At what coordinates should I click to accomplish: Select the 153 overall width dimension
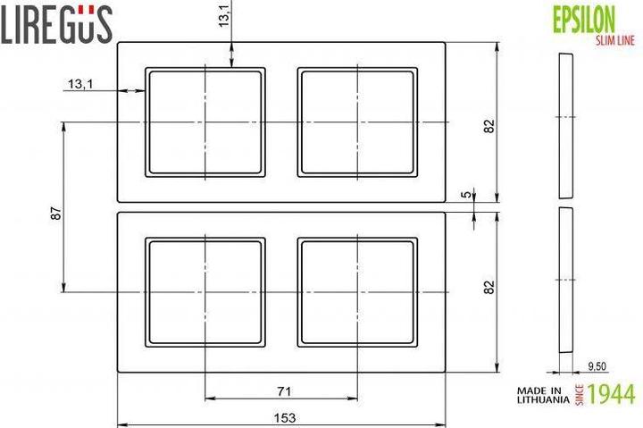283,417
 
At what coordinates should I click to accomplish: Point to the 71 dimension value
283,390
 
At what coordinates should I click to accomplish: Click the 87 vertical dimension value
55,215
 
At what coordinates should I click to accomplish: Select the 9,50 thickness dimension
597,365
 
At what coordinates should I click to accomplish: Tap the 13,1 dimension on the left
79,84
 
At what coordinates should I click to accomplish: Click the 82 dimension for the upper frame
489,126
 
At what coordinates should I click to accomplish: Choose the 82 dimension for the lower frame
489,288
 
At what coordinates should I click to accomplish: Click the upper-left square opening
206,122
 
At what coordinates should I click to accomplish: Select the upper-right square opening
358,122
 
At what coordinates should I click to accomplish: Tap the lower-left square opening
206,291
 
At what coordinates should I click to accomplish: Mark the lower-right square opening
358,291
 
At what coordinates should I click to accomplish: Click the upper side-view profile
564,126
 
